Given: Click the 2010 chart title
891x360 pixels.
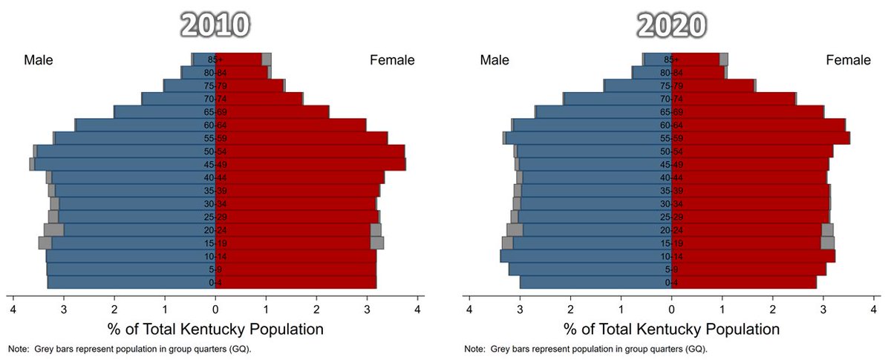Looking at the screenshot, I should pos(215,24).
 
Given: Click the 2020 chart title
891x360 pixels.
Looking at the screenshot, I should pos(671,24).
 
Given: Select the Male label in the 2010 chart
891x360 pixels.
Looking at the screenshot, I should pos(39,60).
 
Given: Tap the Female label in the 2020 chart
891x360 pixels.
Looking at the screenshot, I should pos(849,60).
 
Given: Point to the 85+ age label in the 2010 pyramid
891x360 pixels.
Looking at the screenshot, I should pos(215,59).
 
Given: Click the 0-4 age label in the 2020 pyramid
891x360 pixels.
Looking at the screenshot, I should pos(671,283).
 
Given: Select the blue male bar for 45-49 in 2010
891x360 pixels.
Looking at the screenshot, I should pos(126,165).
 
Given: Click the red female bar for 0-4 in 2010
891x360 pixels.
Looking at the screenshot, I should pos(297,283).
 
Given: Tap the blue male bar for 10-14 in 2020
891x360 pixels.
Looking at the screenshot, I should pos(587,256).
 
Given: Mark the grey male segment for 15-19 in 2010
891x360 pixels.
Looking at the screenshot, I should pos(45,243).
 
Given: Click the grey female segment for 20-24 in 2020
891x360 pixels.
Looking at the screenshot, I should pos(827,229).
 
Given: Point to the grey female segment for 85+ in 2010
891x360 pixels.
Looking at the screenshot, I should pos(267,59).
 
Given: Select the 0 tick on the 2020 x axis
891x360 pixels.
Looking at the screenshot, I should pos(671,309).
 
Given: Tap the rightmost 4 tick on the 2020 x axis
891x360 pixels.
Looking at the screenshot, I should pos(874,309).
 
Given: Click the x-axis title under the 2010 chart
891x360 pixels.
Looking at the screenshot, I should pos(215,329).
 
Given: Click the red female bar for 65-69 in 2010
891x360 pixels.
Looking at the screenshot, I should pos(275,112).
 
